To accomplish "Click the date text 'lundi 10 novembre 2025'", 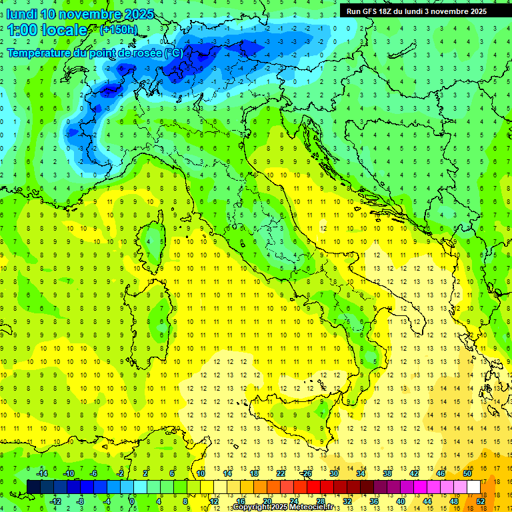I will pos(80,14).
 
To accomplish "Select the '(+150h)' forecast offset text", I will pos(119,30).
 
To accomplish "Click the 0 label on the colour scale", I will pos(131,501).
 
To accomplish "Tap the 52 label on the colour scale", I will pos(480,501).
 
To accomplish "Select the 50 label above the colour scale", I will pos(467,473).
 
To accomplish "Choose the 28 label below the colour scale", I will pos(320,501).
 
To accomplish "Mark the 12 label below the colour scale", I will pos(214,501).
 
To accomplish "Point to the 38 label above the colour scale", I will pos(387,473).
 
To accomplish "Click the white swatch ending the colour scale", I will pos(474,487).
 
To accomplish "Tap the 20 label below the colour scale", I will pos(267,501).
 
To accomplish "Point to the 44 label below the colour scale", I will pos(427,501).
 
